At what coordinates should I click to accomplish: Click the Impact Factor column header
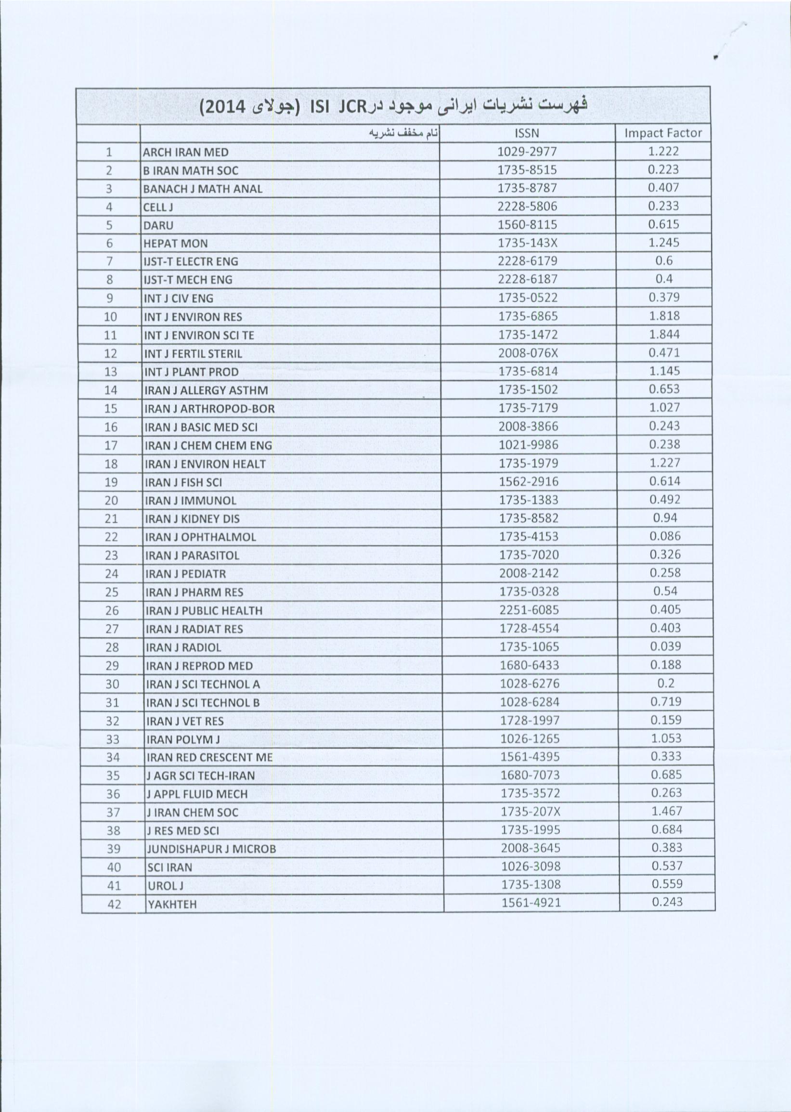point(663,133)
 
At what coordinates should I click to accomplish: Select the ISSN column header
point(527,133)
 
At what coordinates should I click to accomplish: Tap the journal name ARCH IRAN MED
point(185,152)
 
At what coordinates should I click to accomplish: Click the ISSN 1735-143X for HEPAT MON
point(528,243)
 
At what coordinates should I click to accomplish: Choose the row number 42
point(114,905)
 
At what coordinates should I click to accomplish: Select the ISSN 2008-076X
point(528,353)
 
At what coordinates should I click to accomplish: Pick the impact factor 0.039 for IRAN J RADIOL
point(665,647)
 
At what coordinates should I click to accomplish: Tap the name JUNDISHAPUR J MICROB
point(211,850)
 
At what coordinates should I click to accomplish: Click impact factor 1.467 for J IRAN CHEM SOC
point(666,811)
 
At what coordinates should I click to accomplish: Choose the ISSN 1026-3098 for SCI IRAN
point(531,866)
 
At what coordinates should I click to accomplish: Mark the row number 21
point(112,519)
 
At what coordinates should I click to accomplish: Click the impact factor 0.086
point(665,536)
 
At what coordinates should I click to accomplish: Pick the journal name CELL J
point(158,207)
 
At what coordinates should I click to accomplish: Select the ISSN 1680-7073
point(531,775)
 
